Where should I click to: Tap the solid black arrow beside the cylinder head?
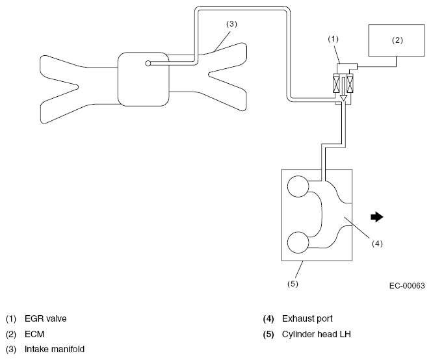point(377,217)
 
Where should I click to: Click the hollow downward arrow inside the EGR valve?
point(343,89)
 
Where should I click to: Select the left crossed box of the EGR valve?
point(337,83)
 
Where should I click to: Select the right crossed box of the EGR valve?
point(350,83)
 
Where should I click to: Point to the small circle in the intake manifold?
point(148,64)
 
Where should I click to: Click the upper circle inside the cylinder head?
point(298,186)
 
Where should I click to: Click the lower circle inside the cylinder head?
point(298,242)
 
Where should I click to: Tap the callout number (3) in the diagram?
point(231,24)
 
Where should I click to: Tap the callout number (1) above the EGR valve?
point(333,39)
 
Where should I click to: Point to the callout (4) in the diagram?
point(377,244)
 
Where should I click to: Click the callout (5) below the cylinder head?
point(293,283)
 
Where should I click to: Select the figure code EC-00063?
point(407,286)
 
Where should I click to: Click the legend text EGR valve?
point(46,319)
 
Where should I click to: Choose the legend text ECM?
point(34,334)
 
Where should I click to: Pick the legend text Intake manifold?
point(55,350)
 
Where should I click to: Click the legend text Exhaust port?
point(307,319)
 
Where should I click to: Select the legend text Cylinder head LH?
point(317,334)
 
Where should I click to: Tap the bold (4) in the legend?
point(268,319)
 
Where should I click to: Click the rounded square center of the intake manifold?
point(143,79)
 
